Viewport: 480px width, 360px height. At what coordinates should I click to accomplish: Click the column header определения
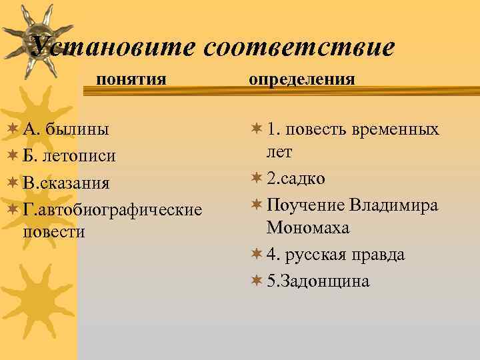[301, 79]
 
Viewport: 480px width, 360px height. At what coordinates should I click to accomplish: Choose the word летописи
[79, 156]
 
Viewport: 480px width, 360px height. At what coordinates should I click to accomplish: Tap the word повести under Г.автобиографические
[54, 231]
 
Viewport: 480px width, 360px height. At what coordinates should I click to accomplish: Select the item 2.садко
[296, 179]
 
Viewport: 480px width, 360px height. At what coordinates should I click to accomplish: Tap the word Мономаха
[308, 228]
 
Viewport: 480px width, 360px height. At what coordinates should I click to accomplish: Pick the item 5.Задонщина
[317, 281]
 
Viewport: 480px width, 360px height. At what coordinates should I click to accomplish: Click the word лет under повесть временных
[279, 152]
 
